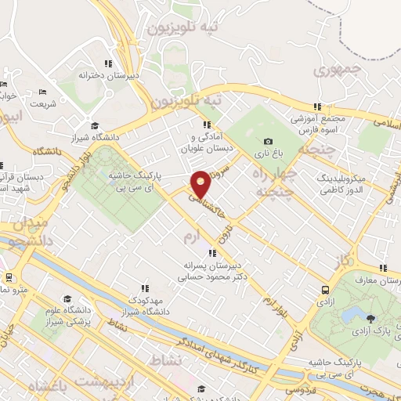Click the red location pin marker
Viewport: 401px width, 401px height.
pyautogui.click(x=201, y=184)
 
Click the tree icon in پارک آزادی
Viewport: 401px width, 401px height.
pyautogui.click(x=370, y=318)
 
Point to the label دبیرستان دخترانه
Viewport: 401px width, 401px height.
pyautogui.click(x=107, y=75)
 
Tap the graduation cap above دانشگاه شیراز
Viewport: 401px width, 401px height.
pyautogui.click(x=95, y=125)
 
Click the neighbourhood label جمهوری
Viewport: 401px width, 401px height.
pyautogui.click(x=334, y=70)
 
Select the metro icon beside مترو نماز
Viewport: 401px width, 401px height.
pyautogui.click(x=9, y=277)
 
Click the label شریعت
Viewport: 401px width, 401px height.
pyautogui.click(x=43, y=103)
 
